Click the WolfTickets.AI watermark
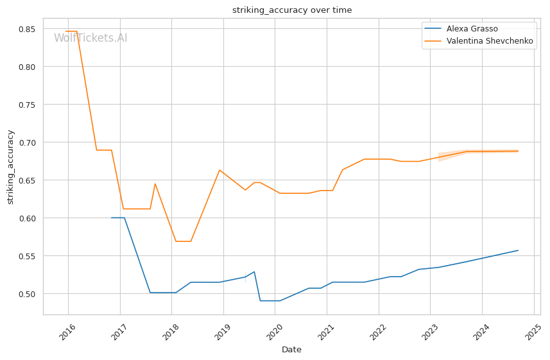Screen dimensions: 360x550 [x=90, y=38]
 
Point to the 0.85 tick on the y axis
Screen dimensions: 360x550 [x=26, y=29]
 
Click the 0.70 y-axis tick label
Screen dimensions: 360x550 [x=26, y=142]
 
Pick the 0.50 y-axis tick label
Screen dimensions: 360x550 [x=26, y=294]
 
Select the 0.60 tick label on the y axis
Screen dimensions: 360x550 [x=26, y=218]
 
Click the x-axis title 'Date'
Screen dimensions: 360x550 [x=291, y=350]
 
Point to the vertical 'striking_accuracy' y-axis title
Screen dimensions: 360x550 [x=10, y=167]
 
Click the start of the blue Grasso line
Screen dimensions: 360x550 [x=112, y=218]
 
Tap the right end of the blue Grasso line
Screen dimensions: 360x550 [x=518, y=250]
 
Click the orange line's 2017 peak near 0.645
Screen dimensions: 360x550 [x=155, y=184]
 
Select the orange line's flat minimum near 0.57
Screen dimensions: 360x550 [x=183, y=241]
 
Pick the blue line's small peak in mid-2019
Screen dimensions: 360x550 [x=254, y=271]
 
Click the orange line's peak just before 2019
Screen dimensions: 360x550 [x=219, y=170]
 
